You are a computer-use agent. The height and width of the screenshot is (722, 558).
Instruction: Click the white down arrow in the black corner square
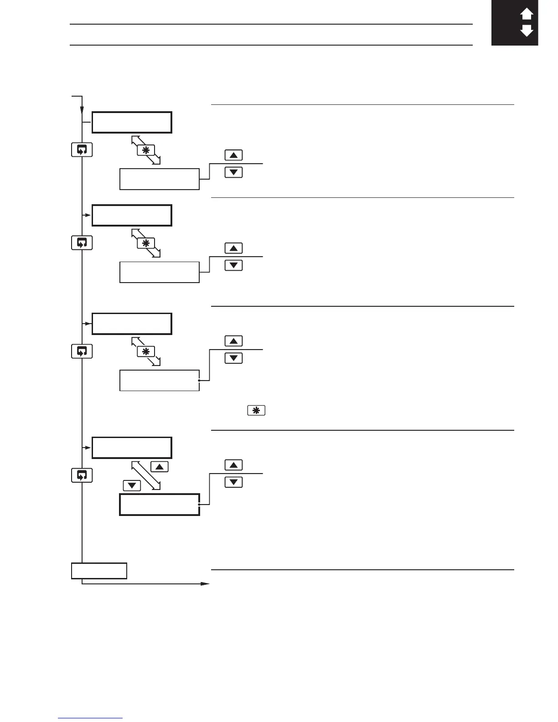tap(527, 31)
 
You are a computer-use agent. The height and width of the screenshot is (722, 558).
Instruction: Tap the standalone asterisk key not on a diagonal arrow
tap(256, 410)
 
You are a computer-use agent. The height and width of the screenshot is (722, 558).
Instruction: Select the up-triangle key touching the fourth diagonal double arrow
tap(159, 467)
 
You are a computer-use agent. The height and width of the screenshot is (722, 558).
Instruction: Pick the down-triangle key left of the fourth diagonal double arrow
tap(132, 485)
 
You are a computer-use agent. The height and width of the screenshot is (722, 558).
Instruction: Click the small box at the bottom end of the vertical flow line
tap(99, 571)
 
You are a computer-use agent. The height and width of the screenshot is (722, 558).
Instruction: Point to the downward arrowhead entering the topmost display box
tap(82, 111)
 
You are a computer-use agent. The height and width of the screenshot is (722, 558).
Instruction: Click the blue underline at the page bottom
tap(90, 718)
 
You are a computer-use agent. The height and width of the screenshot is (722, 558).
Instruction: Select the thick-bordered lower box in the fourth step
tap(160, 505)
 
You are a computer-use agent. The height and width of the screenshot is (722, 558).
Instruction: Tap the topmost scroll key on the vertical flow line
tap(82, 150)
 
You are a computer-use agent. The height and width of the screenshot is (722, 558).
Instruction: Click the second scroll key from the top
tap(82, 243)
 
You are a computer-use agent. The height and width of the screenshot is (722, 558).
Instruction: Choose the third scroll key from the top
tap(82, 351)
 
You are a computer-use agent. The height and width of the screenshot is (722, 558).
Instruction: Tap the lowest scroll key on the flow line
tap(82, 475)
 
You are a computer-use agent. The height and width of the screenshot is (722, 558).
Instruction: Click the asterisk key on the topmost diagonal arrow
tap(146, 150)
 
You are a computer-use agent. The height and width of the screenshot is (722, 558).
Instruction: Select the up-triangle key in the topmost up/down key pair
tap(233, 155)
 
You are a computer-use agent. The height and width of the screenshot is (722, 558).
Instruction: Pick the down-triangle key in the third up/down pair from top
tap(233, 358)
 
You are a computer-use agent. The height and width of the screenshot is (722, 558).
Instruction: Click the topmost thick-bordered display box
tap(132, 122)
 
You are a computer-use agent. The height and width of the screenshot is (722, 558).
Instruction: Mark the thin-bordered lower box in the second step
tap(160, 272)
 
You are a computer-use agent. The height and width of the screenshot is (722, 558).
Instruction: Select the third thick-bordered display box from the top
tap(132, 324)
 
